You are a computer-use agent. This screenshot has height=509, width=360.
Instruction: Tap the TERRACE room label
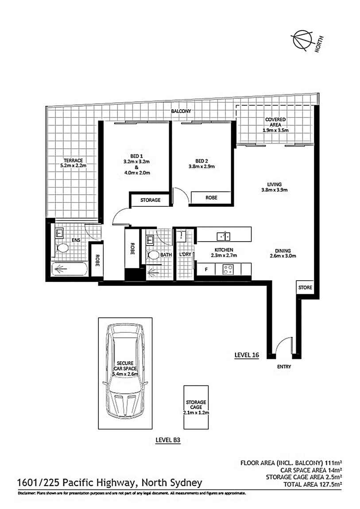(x=73, y=160)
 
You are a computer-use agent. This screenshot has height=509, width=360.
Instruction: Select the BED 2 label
(x=201, y=160)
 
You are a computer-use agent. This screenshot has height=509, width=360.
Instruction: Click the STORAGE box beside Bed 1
(x=150, y=200)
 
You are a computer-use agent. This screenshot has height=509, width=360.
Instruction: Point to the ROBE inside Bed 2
(x=211, y=198)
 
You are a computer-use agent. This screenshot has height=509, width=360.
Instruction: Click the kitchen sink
(x=223, y=235)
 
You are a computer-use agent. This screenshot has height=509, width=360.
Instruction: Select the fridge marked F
(x=205, y=268)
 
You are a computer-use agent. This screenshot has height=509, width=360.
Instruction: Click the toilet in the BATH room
(x=153, y=255)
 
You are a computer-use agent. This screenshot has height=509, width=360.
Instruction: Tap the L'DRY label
(x=185, y=254)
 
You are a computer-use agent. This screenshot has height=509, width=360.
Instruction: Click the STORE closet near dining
(x=305, y=288)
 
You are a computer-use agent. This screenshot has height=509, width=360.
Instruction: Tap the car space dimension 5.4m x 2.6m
(x=124, y=374)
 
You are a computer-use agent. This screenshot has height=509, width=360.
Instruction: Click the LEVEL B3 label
(x=169, y=440)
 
